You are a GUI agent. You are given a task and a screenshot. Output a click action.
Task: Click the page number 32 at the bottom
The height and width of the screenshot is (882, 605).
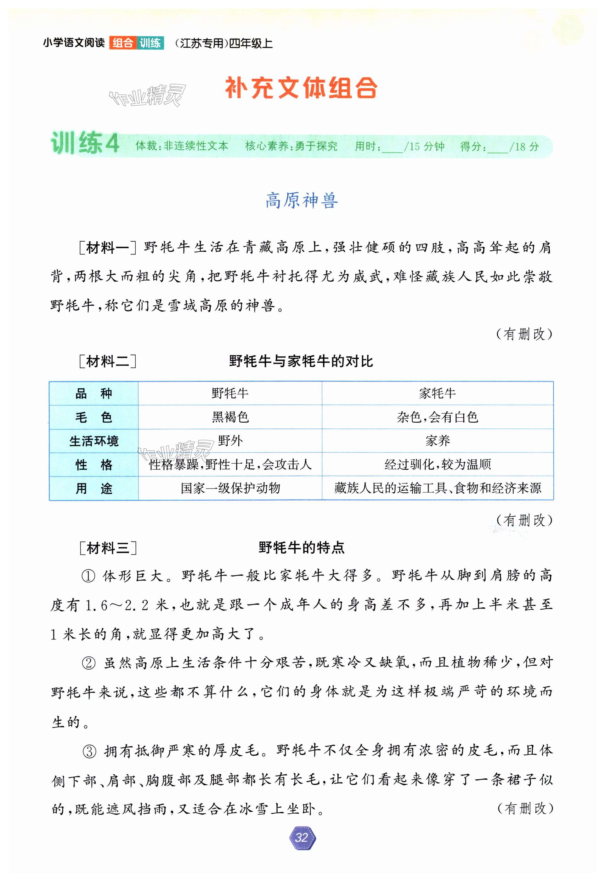(302, 837)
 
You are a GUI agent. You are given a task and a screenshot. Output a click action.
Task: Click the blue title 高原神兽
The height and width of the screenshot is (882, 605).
(302, 200)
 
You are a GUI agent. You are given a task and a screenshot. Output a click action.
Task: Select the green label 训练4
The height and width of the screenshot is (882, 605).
(85, 143)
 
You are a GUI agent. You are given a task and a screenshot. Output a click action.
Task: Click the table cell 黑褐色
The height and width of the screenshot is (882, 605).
(230, 417)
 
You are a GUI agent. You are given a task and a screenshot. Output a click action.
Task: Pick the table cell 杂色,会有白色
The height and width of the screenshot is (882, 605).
(437, 417)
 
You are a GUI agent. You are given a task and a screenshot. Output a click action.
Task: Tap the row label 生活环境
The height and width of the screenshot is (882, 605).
(94, 441)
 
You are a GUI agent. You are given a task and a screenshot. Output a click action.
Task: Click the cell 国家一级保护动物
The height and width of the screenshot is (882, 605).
(230, 488)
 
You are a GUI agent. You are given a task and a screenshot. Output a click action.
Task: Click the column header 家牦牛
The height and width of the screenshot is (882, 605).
(437, 393)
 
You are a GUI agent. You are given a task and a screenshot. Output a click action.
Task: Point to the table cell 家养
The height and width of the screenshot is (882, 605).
(437, 441)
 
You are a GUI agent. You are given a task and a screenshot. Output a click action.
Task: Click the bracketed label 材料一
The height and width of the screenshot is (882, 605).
(108, 248)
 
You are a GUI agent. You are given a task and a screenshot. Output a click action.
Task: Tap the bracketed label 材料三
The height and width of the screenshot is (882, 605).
(108, 548)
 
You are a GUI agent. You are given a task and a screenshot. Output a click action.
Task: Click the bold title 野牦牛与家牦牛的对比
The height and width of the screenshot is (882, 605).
(301, 361)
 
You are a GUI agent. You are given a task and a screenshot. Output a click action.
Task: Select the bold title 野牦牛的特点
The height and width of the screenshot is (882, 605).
(302, 548)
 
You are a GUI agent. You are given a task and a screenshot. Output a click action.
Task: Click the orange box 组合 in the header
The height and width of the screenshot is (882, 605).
(122, 43)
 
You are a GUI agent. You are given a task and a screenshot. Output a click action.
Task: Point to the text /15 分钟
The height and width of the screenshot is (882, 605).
(424, 146)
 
